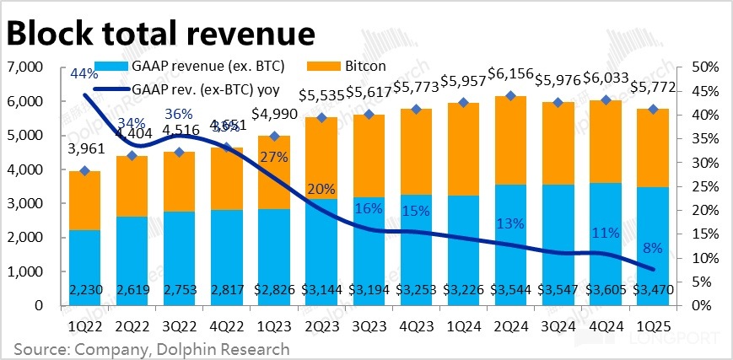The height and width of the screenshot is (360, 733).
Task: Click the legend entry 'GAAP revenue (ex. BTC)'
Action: (208, 66)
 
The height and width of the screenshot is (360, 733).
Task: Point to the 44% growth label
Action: (83, 74)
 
